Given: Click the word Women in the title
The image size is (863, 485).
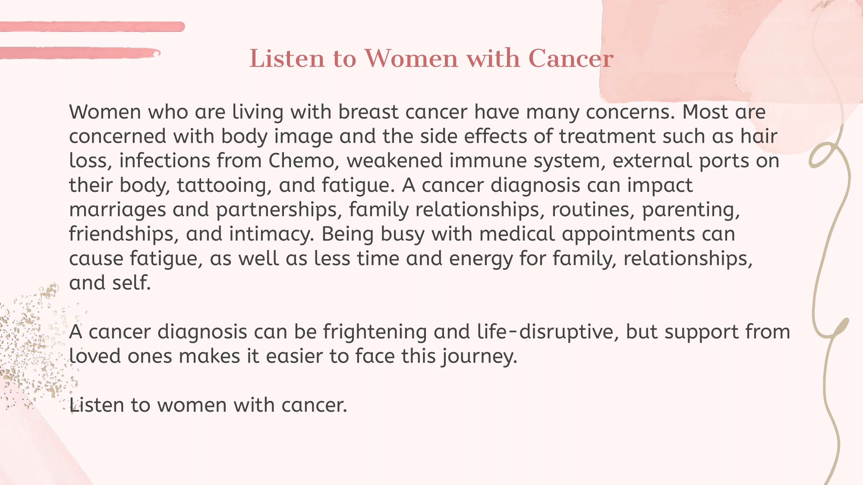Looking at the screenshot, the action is [411, 58].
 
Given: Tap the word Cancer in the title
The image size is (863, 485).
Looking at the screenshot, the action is [570, 58].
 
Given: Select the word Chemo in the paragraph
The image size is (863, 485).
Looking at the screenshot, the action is [302, 161].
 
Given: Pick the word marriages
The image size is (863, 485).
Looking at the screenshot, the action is [117, 210].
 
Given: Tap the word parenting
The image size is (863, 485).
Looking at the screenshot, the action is [691, 210].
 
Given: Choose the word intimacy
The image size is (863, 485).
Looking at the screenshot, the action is [271, 234].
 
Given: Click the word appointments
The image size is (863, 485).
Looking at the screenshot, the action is [628, 235].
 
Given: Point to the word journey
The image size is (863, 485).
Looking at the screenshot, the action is [479, 357].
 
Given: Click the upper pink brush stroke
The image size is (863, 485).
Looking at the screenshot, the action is [92, 27].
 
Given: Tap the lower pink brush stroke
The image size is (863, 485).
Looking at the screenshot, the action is [80, 53].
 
